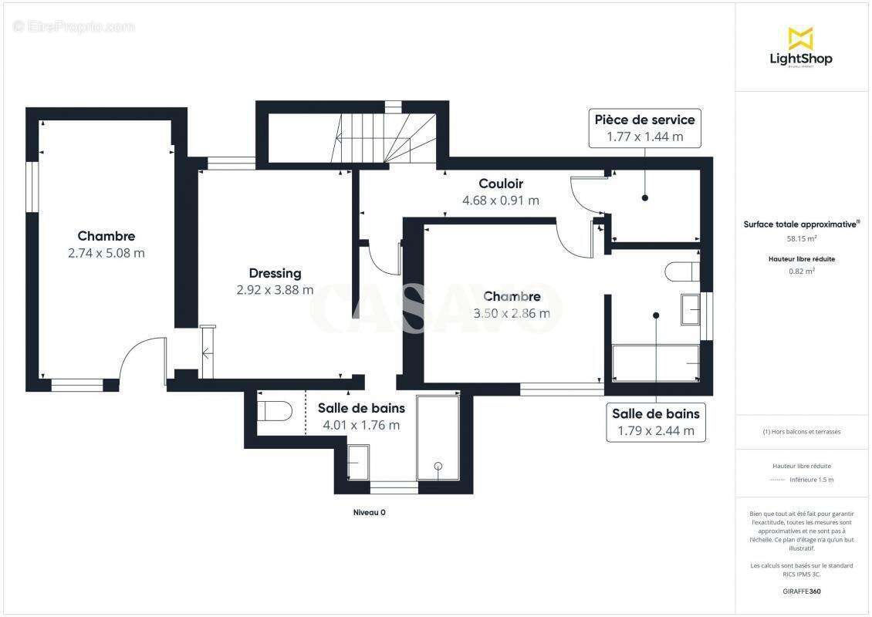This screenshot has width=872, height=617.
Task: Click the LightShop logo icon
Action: pyautogui.click(x=800, y=38)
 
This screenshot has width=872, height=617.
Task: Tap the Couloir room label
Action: pyautogui.click(x=501, y=184)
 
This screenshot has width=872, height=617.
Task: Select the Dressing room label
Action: pyautogui.click(x=275, y=273)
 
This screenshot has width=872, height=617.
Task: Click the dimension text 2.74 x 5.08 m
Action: pyautogui.click(x=106, y=253)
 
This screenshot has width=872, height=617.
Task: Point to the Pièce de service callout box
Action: pyautogui.click(x=644, y=128)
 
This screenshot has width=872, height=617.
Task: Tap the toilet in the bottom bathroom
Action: pyautogui.click(x=275, y=410)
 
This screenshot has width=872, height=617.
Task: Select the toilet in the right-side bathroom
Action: pyautogui.click(x=682, y=271)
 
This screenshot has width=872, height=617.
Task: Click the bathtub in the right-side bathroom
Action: pyautogui.click(x=655, y=362)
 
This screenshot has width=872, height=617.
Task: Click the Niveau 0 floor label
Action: pyautogui.click(x=369, y=512)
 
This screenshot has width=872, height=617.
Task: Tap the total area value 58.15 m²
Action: pyautogui.click(x=800, y=239)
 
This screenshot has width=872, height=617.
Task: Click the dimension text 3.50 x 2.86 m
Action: pyautogui.click(x=512, y=313)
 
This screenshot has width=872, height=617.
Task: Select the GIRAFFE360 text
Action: pyautogui.click(x=801, y=592)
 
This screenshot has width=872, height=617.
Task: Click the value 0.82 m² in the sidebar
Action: pyautogui.click(x=801, y=271)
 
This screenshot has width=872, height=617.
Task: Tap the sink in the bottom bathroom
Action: pyautogui.click(x=358, y=461)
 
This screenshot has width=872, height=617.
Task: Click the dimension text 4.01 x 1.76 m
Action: pyautogui.click(x=361, y=425)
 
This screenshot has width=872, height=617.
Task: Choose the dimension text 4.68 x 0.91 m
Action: pyautogui.click(x=501, y=201)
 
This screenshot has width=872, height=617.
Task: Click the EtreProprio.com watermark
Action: pyautogui.click(x=74, y=26)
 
